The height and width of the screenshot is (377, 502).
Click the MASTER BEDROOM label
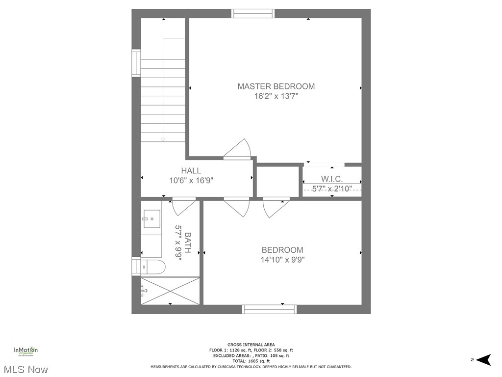tap(276, 86)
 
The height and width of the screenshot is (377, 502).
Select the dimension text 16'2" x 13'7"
tap(276, 97)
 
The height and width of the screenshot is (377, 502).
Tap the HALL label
tap(191, 171)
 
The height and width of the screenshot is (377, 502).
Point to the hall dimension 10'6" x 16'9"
tap(191, 180)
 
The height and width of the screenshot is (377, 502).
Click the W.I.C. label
tap(332, 179)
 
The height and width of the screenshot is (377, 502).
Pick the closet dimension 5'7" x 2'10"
tap(332, 188)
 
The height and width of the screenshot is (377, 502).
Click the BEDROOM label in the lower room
tap(282, 250)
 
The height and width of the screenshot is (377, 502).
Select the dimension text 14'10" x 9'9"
tap(282, 260)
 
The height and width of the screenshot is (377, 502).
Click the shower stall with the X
tap(170, 291)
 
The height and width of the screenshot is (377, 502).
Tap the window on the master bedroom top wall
tap(253, 13)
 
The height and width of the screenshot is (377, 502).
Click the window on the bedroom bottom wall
tap(269, 309)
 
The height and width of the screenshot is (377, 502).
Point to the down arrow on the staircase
tap(163, 139)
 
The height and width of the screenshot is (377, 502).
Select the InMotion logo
tap(25, 350)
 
